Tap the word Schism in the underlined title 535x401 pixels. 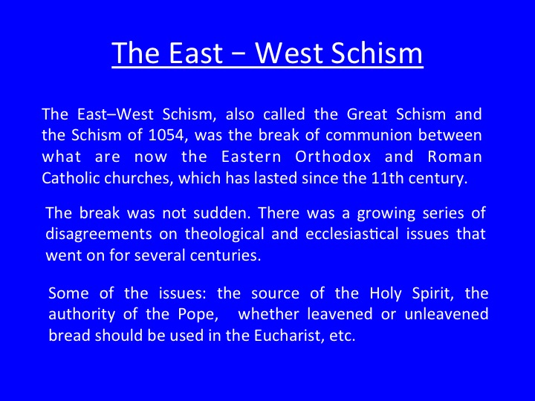[x=377, y=53]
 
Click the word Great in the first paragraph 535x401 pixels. [x=367, y=114]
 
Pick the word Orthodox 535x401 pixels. [x=333, y=157]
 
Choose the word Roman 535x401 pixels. [x=455, y=157]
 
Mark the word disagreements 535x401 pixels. [x=99, y=234]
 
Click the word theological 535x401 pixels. [x=224, y=234]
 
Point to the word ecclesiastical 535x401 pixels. [x=352, y=234]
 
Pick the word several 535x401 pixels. [x=160, y=255]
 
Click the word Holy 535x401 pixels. [x=386, y=294]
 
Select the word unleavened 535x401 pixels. [x=447, y=314]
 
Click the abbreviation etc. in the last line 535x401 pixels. [x=343, y=336]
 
